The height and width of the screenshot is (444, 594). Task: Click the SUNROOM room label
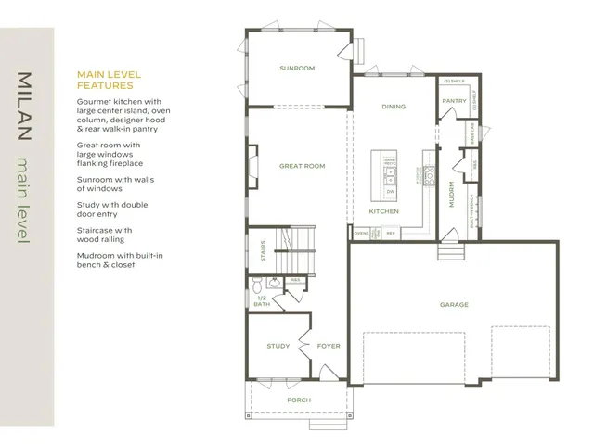(x=297, y=68)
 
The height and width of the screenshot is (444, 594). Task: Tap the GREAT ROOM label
(x=302, y=166)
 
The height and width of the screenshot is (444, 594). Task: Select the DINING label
(x=394, y=107)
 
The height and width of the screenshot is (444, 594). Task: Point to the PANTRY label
(x=454, y=100)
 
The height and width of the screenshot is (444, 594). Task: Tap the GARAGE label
(x=454, y=304)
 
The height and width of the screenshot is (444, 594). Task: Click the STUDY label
(x=278, y=346)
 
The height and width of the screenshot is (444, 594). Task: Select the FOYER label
(x=329, y=346)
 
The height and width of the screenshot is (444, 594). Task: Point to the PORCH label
(x=298, y=400)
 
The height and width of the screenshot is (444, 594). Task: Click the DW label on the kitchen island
(x=390, y=191)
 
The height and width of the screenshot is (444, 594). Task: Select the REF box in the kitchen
(x=391, y=233)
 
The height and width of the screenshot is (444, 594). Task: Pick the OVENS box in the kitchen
(x=362, y=233)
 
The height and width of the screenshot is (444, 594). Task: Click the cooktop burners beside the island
(x=429, y=173)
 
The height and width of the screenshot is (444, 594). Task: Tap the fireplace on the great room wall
(x=248, y=167)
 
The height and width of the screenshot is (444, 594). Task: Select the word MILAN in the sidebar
(x=25, y=107)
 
